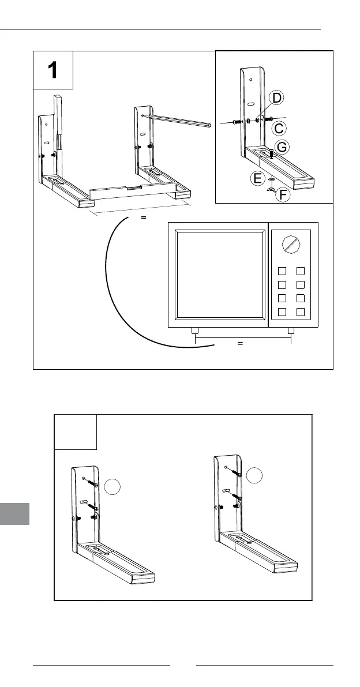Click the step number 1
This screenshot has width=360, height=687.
click(x=52, y=70)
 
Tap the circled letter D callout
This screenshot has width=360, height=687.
click(x=277, y=99)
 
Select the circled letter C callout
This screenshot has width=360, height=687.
click(x=279, y=127)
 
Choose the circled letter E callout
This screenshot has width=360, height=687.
click(x=258, y=179)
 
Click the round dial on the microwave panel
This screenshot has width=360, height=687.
click(x=291, y=244)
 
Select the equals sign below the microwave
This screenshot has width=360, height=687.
click(x=239, y=343)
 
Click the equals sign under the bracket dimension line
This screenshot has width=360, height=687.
click(x=144, y=219)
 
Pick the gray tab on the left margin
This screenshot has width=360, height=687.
click(x=14, y=513)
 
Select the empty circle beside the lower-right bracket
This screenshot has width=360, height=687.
click(x=254, y=476)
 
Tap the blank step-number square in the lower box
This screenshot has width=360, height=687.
click(x=76, y=432)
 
